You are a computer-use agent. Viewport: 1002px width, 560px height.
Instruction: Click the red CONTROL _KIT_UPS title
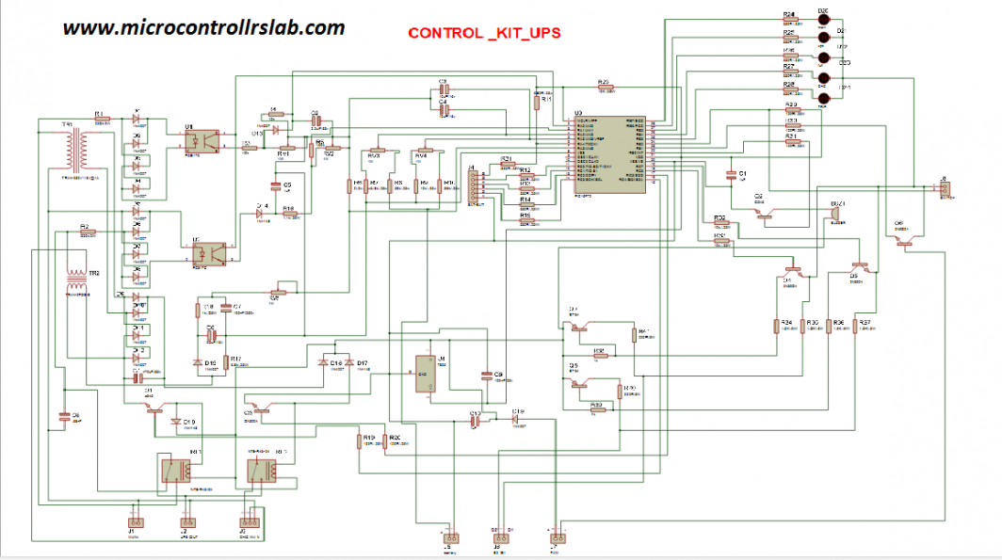(484, 33)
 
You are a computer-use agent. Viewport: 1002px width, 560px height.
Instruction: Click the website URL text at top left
(203, 27)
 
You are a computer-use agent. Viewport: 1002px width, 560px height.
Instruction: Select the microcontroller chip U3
(609, 155)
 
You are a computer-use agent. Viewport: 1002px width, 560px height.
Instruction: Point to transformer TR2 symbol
(74, 281)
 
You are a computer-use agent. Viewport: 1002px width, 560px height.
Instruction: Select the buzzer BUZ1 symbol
(833, 215)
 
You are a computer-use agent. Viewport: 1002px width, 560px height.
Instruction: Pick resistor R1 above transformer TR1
(101, 119)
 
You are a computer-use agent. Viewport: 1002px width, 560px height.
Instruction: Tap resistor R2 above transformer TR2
(86, 232)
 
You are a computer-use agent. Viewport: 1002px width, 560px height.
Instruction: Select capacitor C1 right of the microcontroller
(731, 175)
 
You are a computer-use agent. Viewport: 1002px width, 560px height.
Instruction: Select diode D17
(349, 362)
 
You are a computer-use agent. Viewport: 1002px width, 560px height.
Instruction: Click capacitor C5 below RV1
(276, 185)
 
